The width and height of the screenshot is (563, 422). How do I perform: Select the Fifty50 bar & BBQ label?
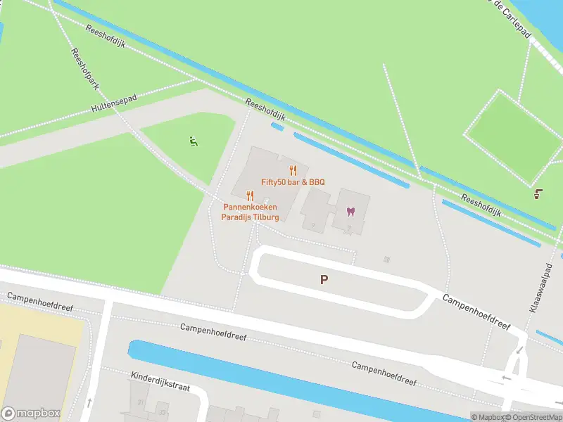coord(293,182)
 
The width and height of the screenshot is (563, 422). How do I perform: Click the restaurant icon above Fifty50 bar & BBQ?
coord(293,170)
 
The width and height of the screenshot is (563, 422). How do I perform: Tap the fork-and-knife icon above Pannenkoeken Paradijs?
coord(250,196)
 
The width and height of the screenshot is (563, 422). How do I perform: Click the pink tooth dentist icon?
coord(351,211)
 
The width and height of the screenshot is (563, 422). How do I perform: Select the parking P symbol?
coord(324,279)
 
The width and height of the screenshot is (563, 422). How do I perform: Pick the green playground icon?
coord(193,141)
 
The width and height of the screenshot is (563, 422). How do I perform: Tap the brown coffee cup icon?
coord(539,193)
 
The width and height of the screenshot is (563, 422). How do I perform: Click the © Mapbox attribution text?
coord(488,417)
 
